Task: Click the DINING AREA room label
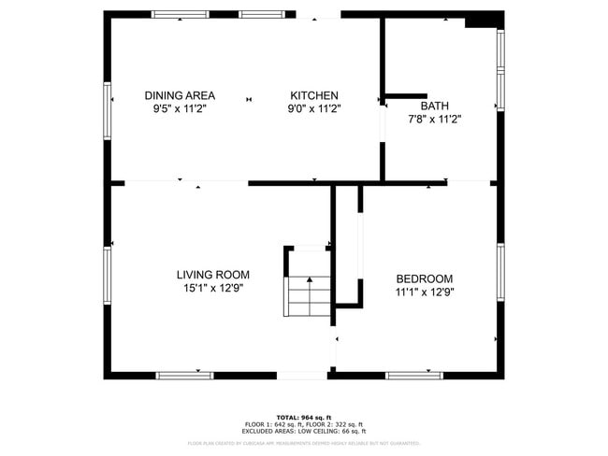click(x=180, y=95)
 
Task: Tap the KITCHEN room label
click(x=314, y=95)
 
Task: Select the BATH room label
click(x=435, y=106)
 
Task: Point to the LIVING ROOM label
click(x=213, y=275)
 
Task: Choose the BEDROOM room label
click(x=424, y=278)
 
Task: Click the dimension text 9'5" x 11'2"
click(x=180, y=108)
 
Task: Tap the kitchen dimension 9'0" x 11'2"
click(x=314, y=108)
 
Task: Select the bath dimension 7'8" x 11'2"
click(x=435, y=119)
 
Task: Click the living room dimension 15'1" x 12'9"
click(x=213, y=289)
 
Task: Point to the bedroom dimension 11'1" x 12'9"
click(x=424, y=292)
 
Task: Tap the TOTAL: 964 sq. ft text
click(x=304, y=417)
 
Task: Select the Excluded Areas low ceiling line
click(x=304, y=431)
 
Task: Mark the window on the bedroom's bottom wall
click(x=414, y=375)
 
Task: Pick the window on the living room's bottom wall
click(x=184, y=375)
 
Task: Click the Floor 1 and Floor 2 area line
click(x=304, y=424)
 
